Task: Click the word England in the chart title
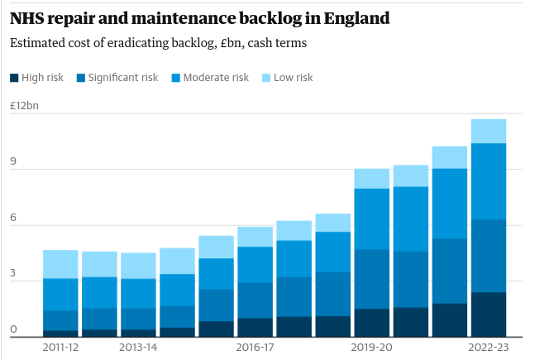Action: (361, 17)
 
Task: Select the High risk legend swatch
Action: (14, 78)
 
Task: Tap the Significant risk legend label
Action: (123, 78)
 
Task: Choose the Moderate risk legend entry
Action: (216, 78)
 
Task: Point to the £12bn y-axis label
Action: (24, 106)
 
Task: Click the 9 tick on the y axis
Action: (14, 162)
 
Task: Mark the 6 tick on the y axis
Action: (14, 218)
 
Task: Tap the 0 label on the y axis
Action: (14, 329)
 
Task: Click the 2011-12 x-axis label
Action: (60, 348)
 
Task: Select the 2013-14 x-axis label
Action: (138, 348)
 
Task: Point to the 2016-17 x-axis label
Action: (255, 348)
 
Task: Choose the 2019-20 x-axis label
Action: (371, 348)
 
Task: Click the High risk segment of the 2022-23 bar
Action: (489, 314)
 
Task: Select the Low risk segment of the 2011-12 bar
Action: (60, 264)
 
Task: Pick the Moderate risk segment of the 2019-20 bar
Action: (371, 218)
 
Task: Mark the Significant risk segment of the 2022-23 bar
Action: (489, 256)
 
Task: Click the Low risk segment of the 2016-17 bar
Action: (255, 237)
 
